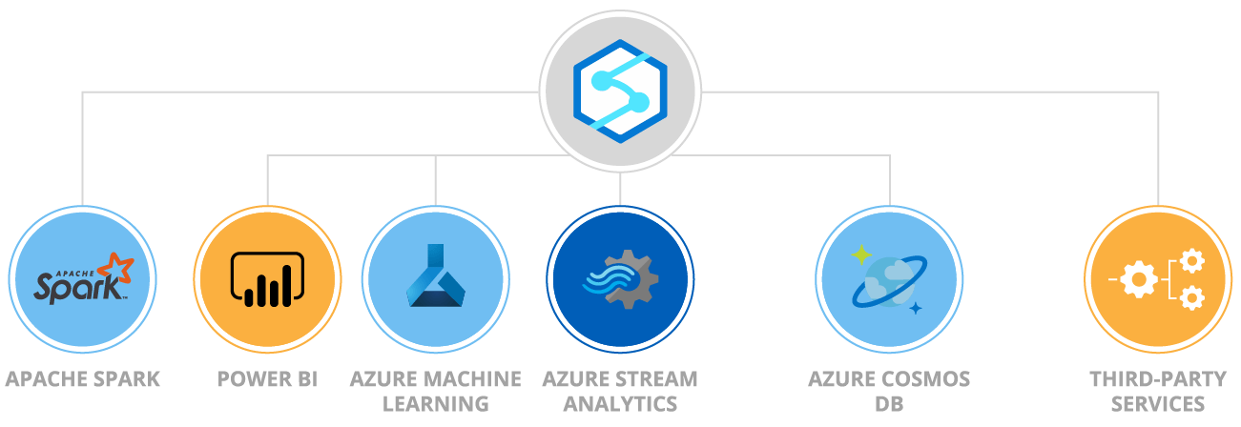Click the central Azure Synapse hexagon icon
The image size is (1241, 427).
point(620,91)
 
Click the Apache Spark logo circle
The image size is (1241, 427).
point(82,279)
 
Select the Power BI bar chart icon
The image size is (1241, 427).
point(267,279)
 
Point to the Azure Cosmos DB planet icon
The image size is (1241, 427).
point(889,279)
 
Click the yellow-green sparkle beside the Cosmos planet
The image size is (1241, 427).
point(861,254)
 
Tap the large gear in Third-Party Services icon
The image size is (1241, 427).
point(1140,279)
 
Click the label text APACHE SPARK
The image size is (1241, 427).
point(82,379)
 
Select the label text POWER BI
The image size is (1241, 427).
point(267,379)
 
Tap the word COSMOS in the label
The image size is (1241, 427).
point(925,379)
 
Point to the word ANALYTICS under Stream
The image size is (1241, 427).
point(620,403)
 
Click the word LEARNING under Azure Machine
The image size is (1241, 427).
point(435,403)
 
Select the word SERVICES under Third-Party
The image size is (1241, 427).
point(1158,403)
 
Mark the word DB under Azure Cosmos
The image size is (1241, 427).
point(889,403)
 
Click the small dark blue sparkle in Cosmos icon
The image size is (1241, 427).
point(916,307)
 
